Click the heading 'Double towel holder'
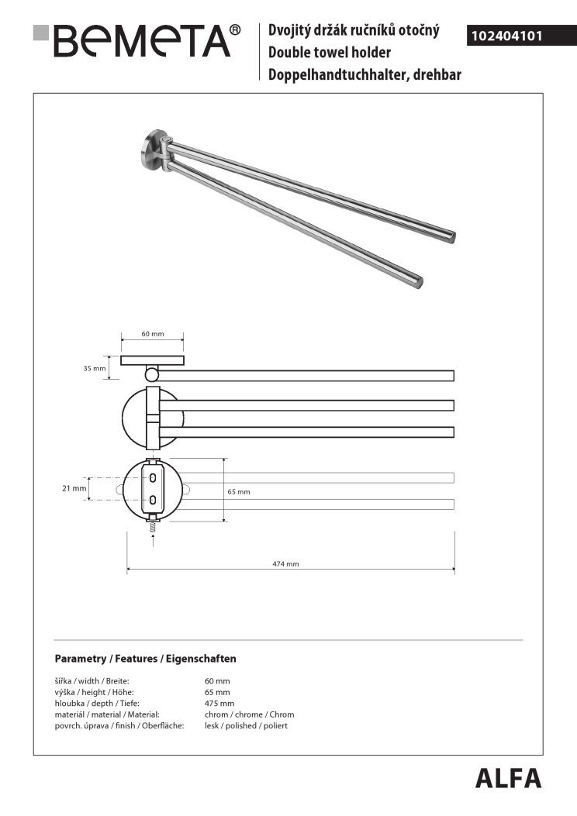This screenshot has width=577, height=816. coord(329,53)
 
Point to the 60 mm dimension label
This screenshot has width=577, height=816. coord(153,334)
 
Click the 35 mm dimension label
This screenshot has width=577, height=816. coord(93,368)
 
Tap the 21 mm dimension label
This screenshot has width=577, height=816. coord(74,488)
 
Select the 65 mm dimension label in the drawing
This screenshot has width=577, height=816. coord(239,491)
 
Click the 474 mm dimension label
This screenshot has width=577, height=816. coord(287,564)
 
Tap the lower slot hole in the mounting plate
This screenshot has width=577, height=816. coord(154,500)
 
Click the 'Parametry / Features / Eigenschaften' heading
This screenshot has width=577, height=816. coord(145,659)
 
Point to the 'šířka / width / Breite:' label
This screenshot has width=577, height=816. coord(92,680)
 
